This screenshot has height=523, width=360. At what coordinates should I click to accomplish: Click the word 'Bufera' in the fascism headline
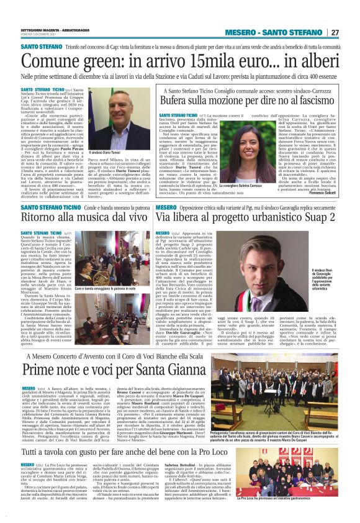pyautogui.click(x=178, y=101)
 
